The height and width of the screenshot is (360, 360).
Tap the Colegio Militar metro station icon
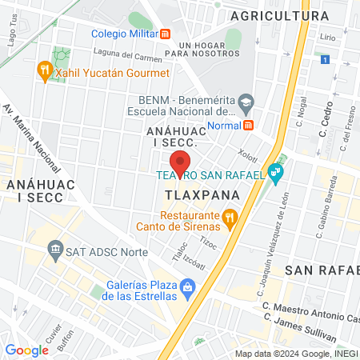(x=166, y=34)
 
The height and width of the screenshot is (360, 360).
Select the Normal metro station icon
(x=249, y=126)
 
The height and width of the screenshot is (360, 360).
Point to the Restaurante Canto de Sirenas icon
(x=230, y=216)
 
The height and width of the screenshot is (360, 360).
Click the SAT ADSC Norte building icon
(x=56, y=251)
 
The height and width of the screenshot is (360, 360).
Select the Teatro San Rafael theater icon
(x=276, y=171)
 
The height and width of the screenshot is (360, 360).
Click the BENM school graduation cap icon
(x=246, y=102)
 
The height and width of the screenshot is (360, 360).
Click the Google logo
(x=26, y=350)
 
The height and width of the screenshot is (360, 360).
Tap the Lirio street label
(x=327, y=38)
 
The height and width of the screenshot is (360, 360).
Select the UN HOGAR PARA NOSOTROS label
(x=210, y=49)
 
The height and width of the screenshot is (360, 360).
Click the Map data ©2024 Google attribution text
(x=295, y=354)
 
